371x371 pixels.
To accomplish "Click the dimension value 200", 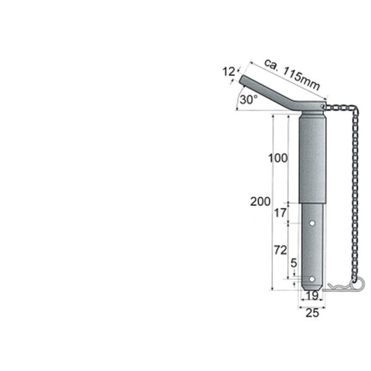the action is (x=260, y=202).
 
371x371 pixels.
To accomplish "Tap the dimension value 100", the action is (x=278, y=158).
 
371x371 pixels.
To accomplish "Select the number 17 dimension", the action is (x=280, y=213).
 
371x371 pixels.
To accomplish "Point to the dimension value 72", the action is (x=280, y=250).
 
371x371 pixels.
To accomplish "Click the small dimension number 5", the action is (x=294, y=263).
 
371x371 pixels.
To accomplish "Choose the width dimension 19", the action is (x=312, y=296).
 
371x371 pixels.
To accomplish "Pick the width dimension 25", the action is (x=312, y=313).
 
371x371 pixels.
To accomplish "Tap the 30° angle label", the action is (x=249, y=100).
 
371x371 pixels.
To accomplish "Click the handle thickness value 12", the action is (x=229, y=72).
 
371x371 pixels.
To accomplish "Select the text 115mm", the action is (x=302, y=79).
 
